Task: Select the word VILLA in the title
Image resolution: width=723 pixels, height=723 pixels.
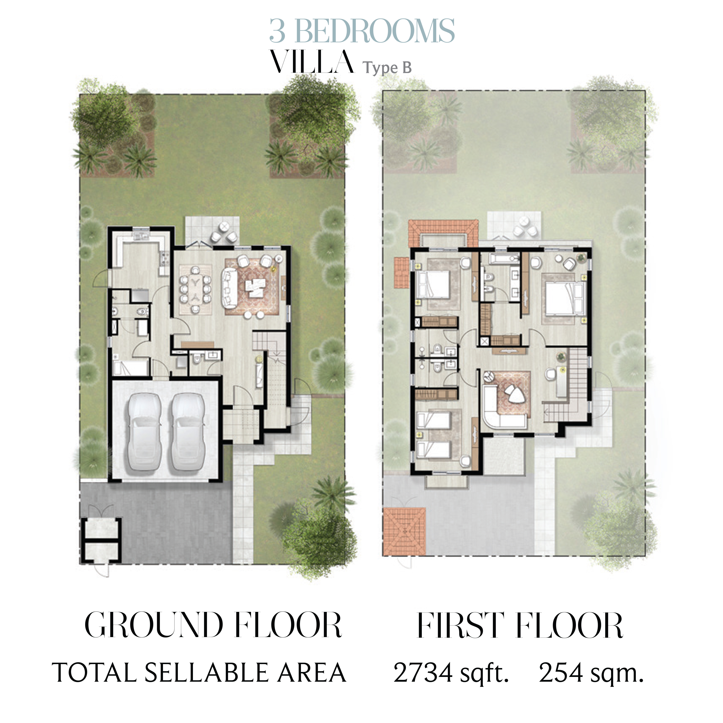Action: pos(312,62)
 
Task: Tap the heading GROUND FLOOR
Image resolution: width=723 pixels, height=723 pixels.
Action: pos(213,625)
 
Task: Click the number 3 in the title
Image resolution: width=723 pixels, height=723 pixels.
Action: pos(278,31)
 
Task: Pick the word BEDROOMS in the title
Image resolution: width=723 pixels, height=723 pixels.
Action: pos(375,31)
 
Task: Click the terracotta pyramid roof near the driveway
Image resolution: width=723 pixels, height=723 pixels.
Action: pos(404,531)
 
